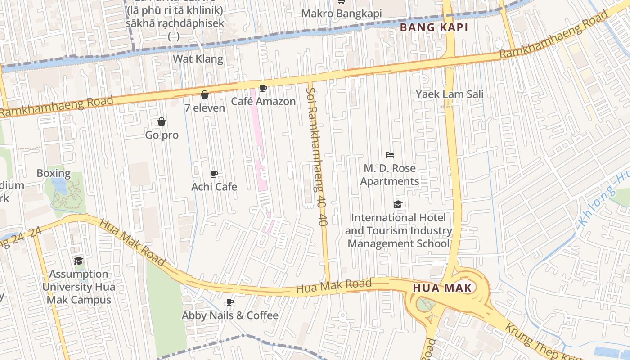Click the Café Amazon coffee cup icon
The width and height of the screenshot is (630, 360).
pos(263,88)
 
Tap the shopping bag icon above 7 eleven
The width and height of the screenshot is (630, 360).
pos(205,94)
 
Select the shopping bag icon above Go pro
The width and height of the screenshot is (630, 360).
pos(162,121)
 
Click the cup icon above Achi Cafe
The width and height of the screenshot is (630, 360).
pos(214,174)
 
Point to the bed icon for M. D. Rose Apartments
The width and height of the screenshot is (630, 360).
pos(390,155)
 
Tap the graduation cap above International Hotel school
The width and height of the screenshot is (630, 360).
pos(398,204)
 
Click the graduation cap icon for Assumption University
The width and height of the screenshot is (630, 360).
pos(79,261)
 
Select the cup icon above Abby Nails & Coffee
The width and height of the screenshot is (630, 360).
pos(230,302)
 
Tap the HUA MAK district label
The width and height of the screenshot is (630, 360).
pos(442,288)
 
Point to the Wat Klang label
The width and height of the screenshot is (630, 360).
pos(198,58)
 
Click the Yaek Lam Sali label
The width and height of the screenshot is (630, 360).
pos(450,94)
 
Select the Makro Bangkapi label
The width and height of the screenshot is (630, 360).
pos(341,13)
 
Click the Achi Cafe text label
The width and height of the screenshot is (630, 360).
pos(214,186)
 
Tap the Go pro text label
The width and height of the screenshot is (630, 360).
pos(162,135)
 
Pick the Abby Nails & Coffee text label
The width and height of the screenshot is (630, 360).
pos(230,315)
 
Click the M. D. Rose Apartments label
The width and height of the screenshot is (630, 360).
pos(390,175)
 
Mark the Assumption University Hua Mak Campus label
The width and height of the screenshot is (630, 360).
pos(79,287)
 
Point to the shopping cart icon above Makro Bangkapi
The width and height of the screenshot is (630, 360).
pos(341,2)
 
